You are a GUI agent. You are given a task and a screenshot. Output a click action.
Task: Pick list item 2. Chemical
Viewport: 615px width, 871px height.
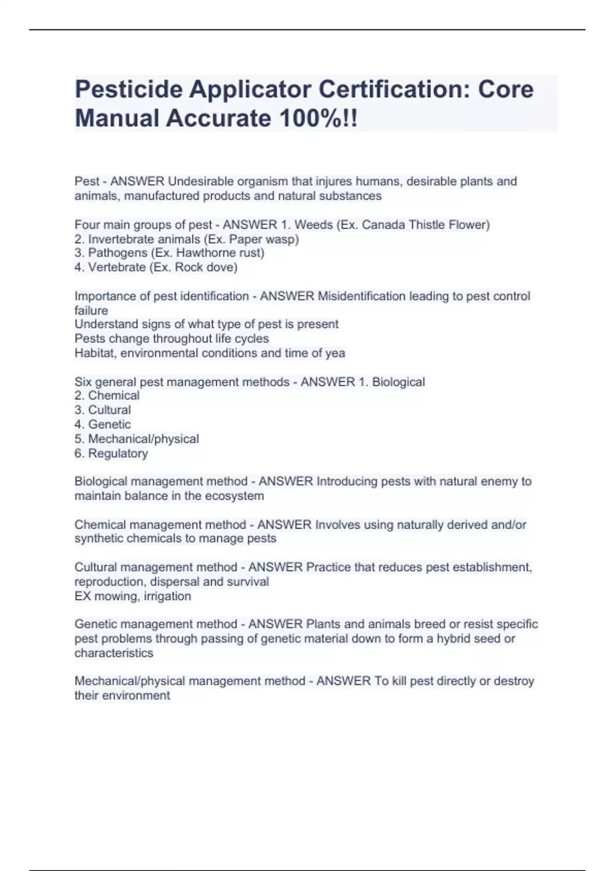[x=107, y=396]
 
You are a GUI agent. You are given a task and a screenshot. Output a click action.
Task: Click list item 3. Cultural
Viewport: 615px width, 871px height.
[x=102, y=410]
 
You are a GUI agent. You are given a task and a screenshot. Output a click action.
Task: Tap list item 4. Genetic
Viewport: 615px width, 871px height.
[x=102, y=424]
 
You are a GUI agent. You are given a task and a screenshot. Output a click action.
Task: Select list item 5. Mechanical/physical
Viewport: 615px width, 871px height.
[x=136, y=439]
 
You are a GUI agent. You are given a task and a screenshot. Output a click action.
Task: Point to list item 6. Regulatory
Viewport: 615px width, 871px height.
[x=111, y=453]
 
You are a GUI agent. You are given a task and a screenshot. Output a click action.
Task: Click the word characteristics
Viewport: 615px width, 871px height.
[x=114, y=653]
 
